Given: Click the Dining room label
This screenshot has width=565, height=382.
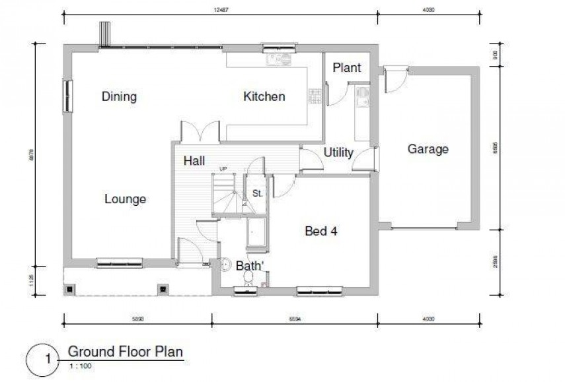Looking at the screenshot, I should [119, 97].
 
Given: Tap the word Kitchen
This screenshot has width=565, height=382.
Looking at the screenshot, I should [264, 97].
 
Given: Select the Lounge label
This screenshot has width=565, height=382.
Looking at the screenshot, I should [125, 199].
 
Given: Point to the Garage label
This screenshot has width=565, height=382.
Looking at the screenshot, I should [428, 149].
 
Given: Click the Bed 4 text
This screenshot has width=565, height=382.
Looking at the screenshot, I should [322, 231].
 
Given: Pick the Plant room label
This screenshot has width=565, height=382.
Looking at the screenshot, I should [346, 67].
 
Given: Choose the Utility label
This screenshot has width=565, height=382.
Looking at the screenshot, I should [338, 153].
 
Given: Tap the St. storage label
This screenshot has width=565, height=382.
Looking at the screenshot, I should [257, 194].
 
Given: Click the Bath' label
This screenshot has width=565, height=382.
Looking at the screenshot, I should [250, 265].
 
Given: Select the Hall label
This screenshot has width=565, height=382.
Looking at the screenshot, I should [194, 160].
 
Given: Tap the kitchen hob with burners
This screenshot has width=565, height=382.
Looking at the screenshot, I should [315, 95].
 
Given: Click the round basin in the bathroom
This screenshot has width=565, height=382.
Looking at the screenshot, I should [223, 264].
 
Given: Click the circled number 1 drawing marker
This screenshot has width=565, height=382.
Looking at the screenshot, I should [46, 360].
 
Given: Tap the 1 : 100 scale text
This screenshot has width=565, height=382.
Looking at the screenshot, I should [79, 364].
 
